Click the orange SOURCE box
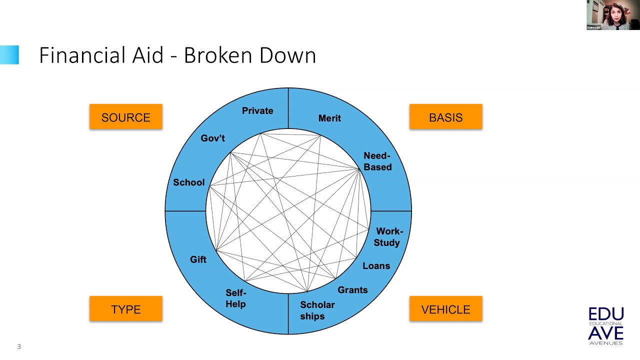pyautogui.click(x=126, y=117)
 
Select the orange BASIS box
pyautogui.click(x=445, y=117)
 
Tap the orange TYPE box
pyautogui.click(x=126, y=309)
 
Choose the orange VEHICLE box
pyautogui.click(x=445, y=309)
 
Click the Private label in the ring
pyautogui.click(x=257, y=110)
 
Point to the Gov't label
pyautogui.click(x=213, y=138)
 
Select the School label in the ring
pyautogui.click(x=188, y=182)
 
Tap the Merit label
pyautogui.click(x=329, y=118)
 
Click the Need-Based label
pyautogui.click(x=377, y=161)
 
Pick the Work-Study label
pyautogui.click(x=388, y=237)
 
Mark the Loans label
pyautogui.click(x=376, y=266)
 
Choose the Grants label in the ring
pyautogui.click(x=352, y=290)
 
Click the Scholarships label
pyautogui.click(x=317, y=310)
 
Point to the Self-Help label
pyautogui.click(x=235, y=298)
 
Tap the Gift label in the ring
pyautogui.click(x=198, y=259)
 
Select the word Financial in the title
pyautogui.click(x=83, y=55)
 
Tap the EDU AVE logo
pyautogui.click(x=606, y=326)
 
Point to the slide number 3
pyautogui.click(x=19, y=346)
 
